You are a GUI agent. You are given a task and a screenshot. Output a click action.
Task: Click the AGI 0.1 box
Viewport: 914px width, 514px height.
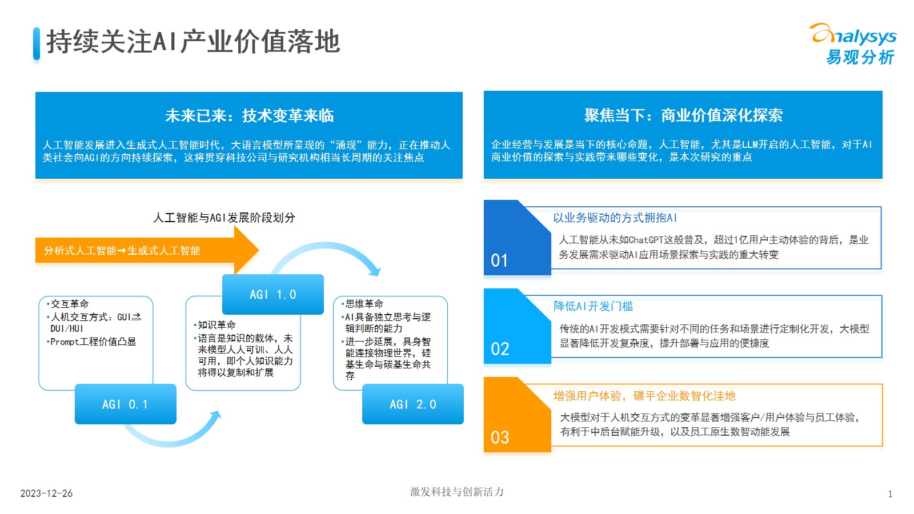[x=126, y=404]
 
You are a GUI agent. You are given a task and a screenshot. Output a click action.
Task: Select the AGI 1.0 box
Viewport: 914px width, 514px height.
[x=273, y=294]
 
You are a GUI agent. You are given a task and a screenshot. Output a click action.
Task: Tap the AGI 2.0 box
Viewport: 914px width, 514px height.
[x=413, y=404]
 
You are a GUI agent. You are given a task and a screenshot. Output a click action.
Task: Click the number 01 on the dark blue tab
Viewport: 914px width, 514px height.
[x=499, y=260]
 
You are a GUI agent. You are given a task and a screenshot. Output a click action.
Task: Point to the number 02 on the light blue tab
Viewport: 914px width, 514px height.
[x=500, y=349]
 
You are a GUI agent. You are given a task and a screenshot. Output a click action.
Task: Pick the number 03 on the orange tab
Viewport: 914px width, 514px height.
[x=500, y=437]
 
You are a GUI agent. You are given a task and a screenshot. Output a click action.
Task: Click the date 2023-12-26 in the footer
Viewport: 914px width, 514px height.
[x=46, y=493]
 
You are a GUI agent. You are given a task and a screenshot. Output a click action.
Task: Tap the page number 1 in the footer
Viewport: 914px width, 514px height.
[x=891, y=494]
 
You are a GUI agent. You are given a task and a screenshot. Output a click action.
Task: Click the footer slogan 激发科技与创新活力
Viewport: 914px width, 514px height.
[x=457, y=492]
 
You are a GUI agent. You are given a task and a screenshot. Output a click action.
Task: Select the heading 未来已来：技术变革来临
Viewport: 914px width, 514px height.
[x=249, y=116]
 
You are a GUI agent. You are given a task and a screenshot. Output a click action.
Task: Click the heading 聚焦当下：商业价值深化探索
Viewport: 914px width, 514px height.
[x=683, y=115]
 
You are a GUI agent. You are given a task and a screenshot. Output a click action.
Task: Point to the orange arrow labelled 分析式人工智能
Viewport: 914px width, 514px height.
[x=147, y=250]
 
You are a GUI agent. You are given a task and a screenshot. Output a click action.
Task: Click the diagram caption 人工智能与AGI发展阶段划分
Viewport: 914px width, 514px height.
[x=224, y=218]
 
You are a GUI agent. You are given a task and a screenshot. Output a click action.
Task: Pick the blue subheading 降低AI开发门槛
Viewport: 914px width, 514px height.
[x=594, y=306]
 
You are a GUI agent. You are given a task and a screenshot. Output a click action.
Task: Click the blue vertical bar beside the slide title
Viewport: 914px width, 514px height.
[x=37, y=43]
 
